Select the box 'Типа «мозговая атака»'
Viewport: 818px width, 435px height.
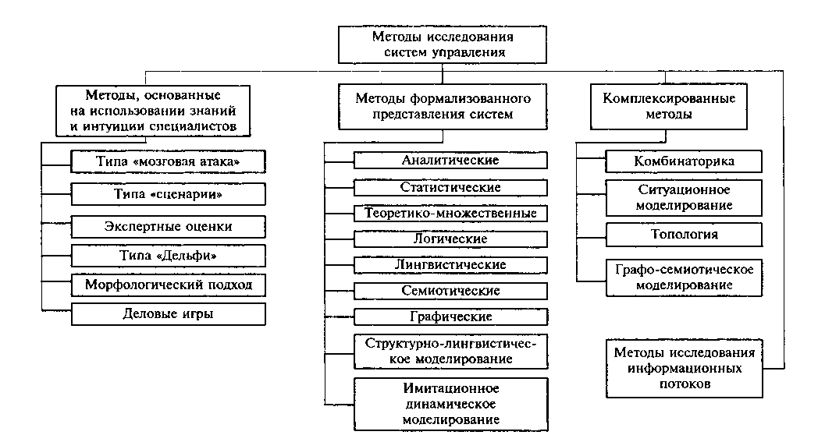click(168, 161)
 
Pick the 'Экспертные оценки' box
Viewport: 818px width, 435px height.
click(168, 226)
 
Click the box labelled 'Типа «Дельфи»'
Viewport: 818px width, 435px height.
click(168, 255)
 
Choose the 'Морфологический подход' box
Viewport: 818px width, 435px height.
click(168, 285)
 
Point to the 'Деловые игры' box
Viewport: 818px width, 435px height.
click(168, 314)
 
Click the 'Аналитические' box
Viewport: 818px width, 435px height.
click(450, 160)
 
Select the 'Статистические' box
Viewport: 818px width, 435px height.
click(450, 188)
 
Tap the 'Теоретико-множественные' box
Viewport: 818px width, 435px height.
click(450, 212)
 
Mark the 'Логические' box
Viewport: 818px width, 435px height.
click(450, 239)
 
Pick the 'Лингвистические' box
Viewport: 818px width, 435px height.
click(450, 264)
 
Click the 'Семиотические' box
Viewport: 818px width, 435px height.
click(450, 291)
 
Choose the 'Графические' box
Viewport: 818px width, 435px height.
click(450, 317)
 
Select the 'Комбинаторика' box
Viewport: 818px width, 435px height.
click(684, 161)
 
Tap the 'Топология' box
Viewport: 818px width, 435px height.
click(684, 234)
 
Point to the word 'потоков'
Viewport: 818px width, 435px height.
click(684, 384)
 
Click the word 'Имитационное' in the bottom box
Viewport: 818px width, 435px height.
click(450, 388)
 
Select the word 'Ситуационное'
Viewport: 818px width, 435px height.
click(684, 189)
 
